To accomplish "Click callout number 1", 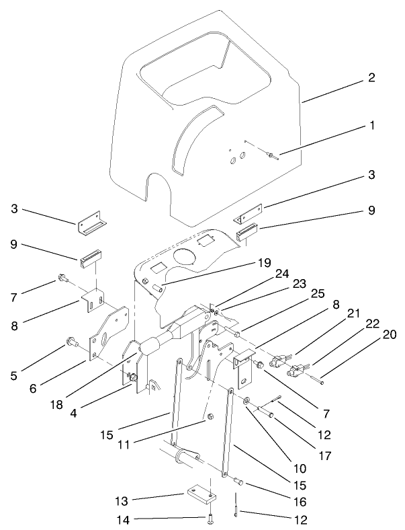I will [371, 126].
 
